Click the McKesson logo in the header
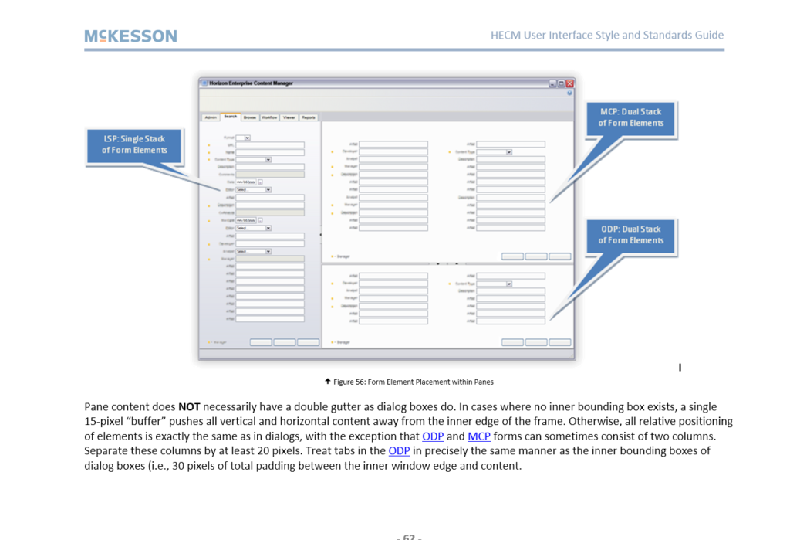130,36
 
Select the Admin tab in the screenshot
210,117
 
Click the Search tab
231,117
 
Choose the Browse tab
250,117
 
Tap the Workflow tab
269,117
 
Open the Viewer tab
289,117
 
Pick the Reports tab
309,117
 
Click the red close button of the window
570,83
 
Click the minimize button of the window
552,83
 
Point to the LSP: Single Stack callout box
135,144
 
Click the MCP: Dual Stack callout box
630,117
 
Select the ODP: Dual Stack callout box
630,235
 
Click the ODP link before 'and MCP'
433,436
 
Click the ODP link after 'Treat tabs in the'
399,451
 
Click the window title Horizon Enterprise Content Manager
251,83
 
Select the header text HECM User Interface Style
606,35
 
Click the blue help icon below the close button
569,93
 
